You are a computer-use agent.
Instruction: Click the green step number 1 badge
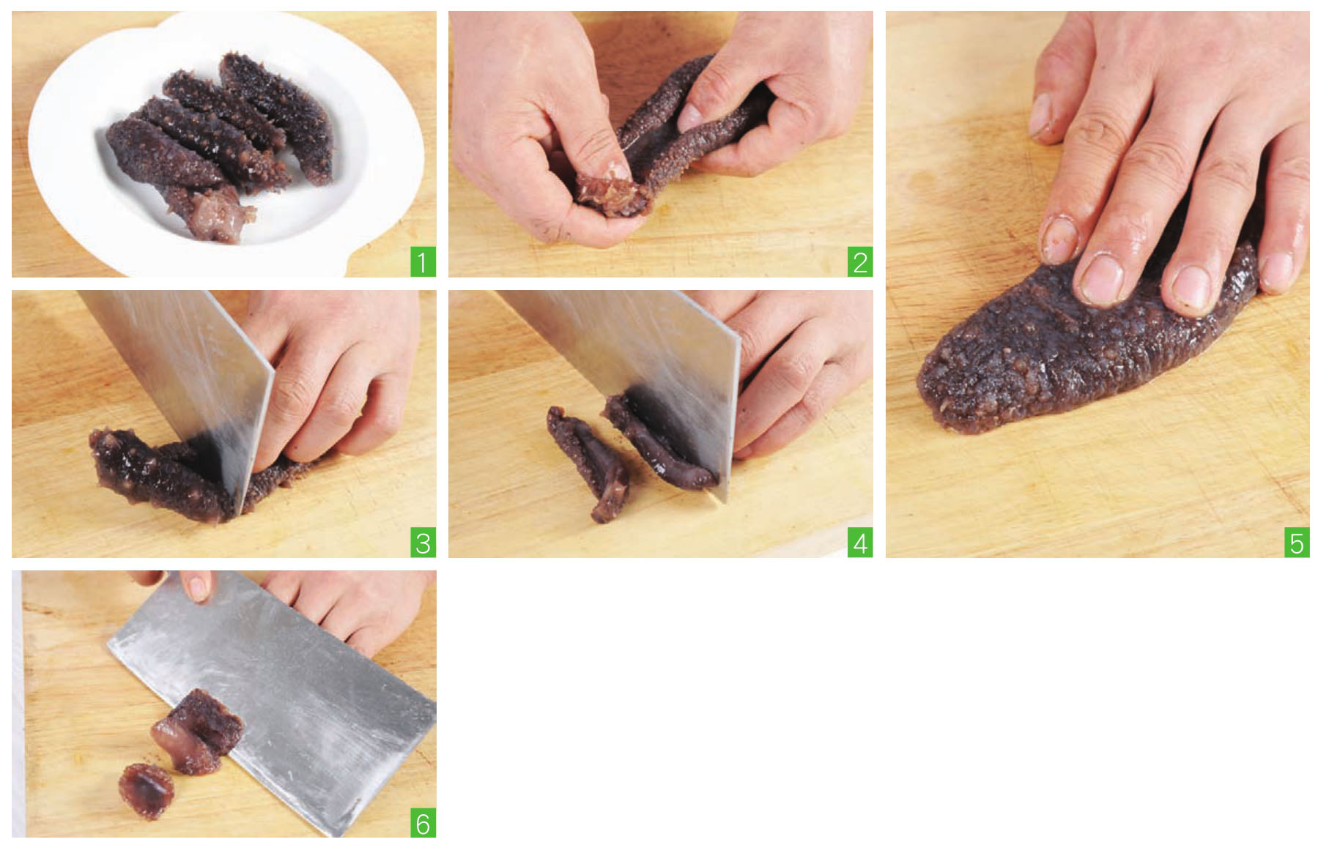pos(423,263)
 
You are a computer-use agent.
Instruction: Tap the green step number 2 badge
pos(860,263)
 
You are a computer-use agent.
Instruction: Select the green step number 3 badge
pos(423,543)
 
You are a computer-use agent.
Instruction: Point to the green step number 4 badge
pos(860,543)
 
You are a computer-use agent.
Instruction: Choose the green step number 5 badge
pos(1297,543)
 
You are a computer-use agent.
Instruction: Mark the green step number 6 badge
pos(423,824)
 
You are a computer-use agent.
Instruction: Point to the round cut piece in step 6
pos(146,790)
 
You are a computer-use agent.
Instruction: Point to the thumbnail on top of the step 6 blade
pos(197,586)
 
